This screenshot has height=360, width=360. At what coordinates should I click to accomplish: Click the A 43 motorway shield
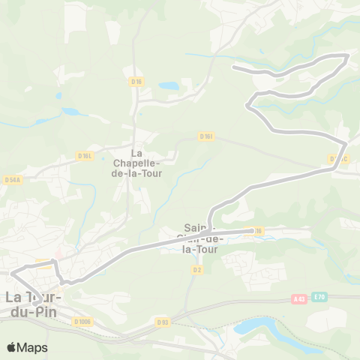point(299,298)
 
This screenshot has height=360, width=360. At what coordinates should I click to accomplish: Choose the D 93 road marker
point(163,322)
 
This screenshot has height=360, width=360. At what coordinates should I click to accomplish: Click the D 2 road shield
point(197,269)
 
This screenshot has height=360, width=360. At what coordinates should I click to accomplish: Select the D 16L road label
point(84,156)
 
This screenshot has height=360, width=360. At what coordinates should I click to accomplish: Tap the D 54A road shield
point(11,180)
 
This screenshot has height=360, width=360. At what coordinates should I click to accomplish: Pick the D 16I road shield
point(207,136)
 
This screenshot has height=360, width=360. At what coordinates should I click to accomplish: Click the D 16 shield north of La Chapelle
point(136,81)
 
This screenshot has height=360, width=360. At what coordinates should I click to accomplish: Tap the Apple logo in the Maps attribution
point(11,347)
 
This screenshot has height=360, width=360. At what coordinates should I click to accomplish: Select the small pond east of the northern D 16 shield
point(168,86)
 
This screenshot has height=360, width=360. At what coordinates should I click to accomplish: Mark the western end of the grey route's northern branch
point(235,67)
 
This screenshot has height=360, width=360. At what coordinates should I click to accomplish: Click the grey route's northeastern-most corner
point(348,55)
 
